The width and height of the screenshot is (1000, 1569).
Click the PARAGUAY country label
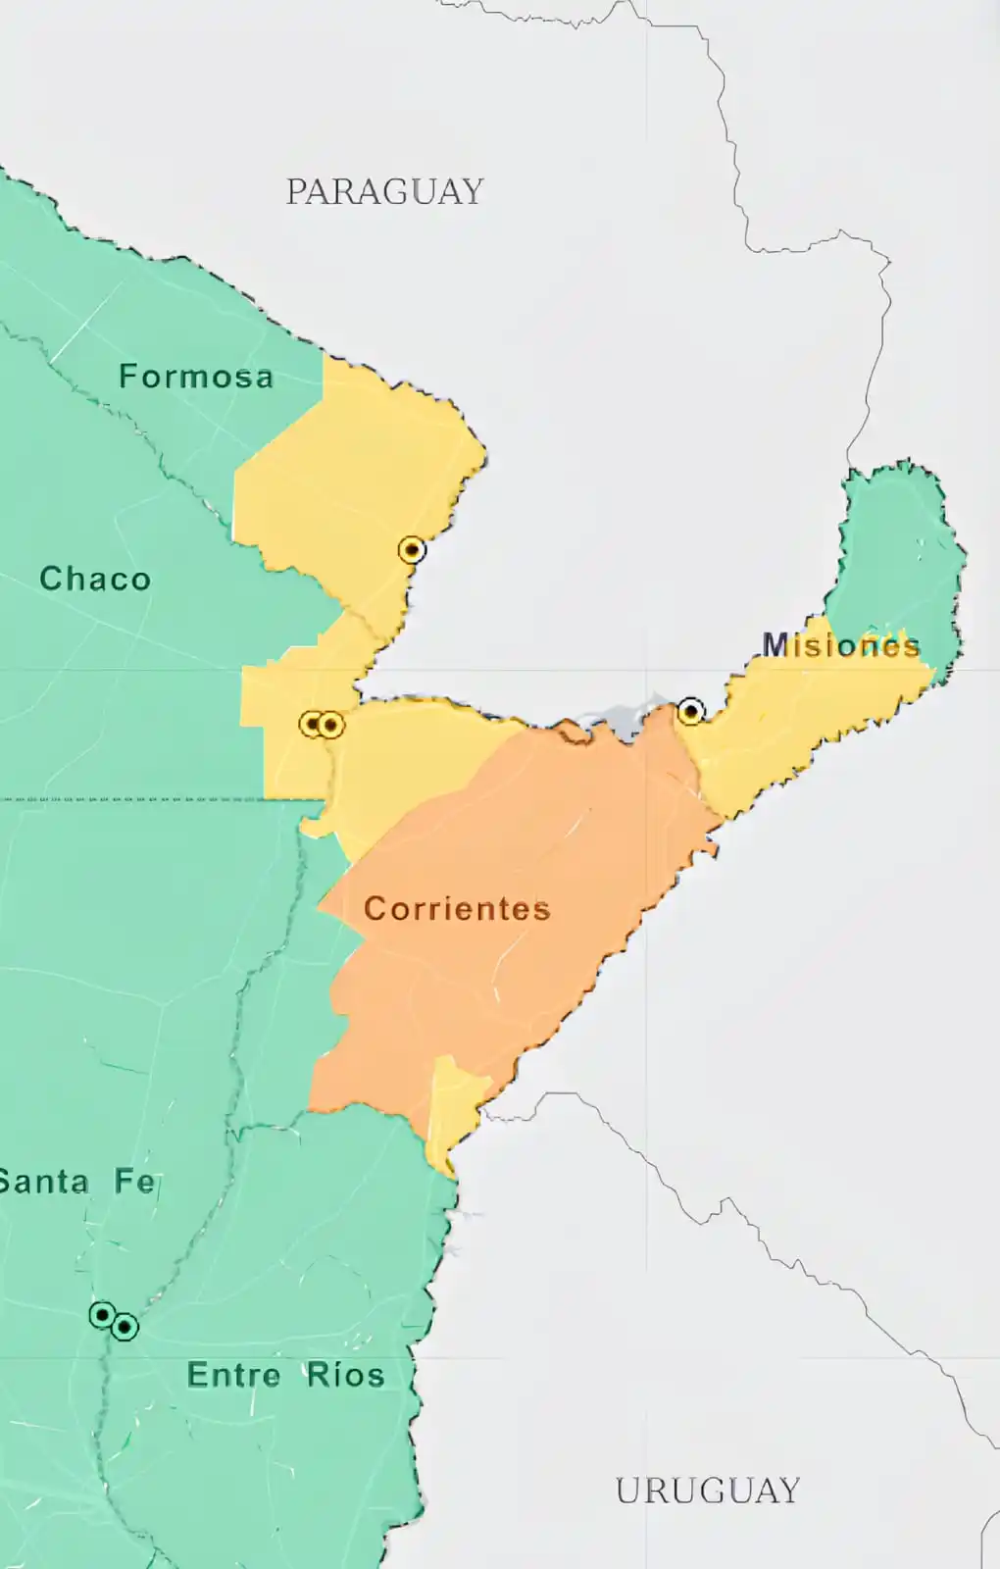[x=384, y=191]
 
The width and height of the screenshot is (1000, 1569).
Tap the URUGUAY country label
[x=707, y=1491]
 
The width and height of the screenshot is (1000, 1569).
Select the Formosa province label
[x=196, y=377]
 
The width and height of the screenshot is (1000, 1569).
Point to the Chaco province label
[x=95, y=579]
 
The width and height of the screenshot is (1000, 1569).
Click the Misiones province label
[x=841, y=644]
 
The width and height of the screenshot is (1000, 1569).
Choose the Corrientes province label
[x=457, y=908]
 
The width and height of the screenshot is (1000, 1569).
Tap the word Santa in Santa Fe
[x=45, y=1182]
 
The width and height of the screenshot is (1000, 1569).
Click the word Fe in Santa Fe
[x=135, y=1181]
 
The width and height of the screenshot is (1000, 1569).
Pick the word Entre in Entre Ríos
[x=233, y=1375]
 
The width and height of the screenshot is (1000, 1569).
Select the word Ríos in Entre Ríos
[x=345, y=1375]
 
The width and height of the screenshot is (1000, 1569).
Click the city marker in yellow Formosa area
[x=412, y=550]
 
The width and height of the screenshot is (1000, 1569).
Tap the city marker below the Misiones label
[x=691, y=711]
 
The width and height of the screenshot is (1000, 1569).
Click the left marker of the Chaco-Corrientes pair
[x=312, y=725]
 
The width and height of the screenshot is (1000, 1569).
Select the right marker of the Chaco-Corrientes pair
[x=331, y=726]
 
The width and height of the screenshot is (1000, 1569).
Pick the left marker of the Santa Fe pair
[x=102, y=1315]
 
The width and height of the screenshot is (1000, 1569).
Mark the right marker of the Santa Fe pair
[x=125, y=1328]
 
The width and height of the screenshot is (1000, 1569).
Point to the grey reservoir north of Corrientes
[x=627, y=721]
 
